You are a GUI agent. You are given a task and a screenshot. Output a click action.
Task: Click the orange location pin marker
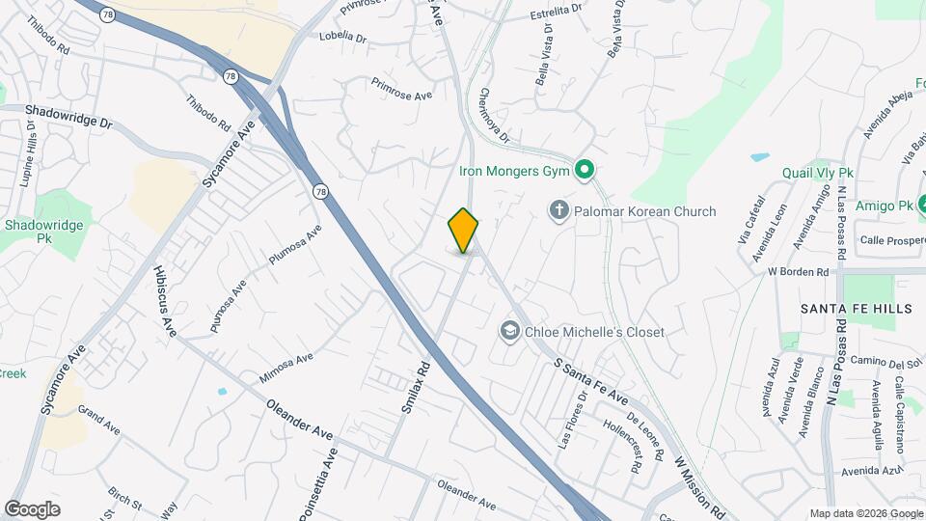tap(463, 231)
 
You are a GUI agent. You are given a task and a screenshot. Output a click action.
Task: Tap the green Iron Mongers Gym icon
tap(583, 173)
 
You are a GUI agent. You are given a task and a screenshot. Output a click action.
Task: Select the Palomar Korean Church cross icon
tap(558, 210)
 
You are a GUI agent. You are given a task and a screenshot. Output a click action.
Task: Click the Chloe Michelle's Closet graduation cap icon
tap(508, 332)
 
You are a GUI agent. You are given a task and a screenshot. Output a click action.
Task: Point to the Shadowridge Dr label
tap(69, 119)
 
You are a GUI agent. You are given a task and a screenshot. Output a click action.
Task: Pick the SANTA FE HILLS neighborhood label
tap(855, 308)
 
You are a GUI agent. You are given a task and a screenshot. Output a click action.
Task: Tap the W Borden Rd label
tap(799, 272)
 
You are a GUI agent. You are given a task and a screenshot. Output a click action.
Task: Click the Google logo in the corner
tap(32, 508)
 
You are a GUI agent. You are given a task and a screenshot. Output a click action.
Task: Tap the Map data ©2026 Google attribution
tap(866, 513)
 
